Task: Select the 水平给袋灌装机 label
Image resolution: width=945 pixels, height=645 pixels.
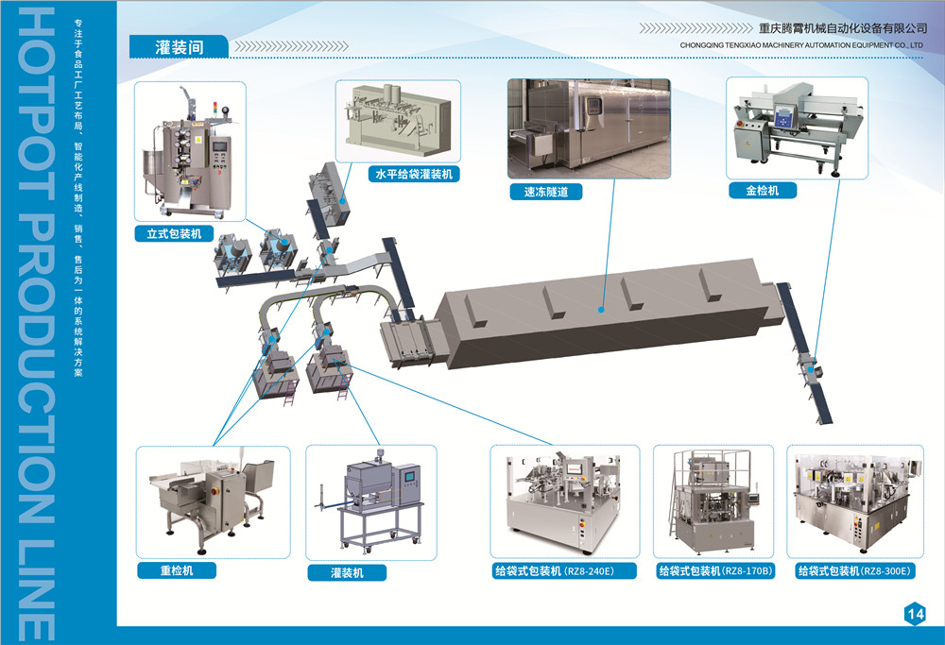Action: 413,174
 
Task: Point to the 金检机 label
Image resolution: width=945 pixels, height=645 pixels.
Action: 763,190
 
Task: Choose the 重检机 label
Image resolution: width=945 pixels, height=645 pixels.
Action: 176,569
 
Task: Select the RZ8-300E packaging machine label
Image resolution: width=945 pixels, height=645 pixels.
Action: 854,570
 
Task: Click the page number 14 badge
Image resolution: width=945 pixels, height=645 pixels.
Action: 914,614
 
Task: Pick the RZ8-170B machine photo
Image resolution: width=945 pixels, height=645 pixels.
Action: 713,501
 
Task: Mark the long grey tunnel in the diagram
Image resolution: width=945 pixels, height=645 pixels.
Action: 605,312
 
